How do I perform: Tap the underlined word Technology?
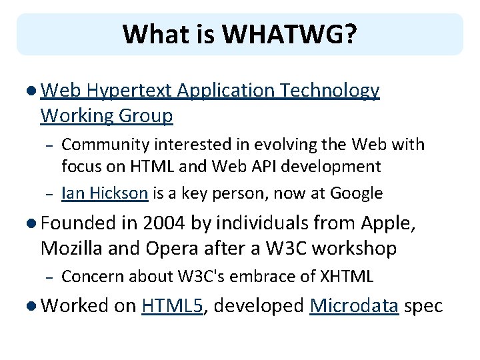(x=331, y=91)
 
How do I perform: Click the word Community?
(x=106, y=144)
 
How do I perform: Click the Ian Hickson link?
(x=104, y=193)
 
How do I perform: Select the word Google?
(x=357, y=193)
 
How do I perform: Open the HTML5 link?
(x=172, y=306)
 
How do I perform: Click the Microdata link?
(x=354, y=306)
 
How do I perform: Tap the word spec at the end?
(x=423, y=306)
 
